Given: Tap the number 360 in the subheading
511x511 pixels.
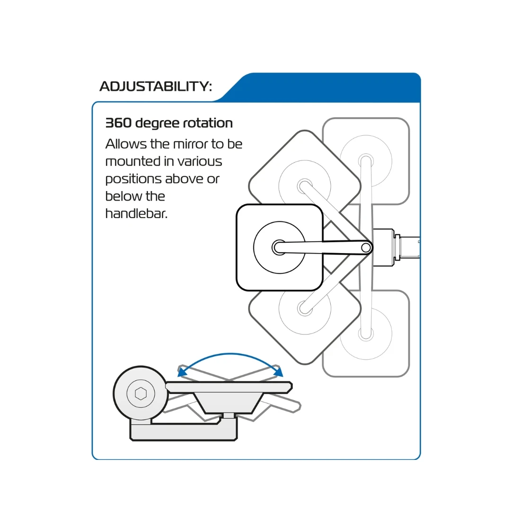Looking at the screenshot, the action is (118, 123).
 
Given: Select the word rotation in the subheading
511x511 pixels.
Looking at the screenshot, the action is (208, 123).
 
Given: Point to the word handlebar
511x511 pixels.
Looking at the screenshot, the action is (136, 213).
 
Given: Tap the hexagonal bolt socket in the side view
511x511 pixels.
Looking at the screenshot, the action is (141, 394).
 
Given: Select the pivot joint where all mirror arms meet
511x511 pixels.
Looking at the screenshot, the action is (366, 248).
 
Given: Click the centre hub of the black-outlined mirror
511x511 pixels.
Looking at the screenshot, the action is (279, 247).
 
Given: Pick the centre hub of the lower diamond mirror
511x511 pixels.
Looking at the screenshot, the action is (305, 308).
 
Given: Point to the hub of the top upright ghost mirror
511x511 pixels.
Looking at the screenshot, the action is (366, 161).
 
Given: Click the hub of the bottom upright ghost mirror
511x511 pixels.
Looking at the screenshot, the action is (366, 334).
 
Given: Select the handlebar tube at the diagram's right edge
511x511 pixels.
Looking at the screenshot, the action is (410, 247).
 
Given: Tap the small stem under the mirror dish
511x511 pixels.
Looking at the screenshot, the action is (229, 415).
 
